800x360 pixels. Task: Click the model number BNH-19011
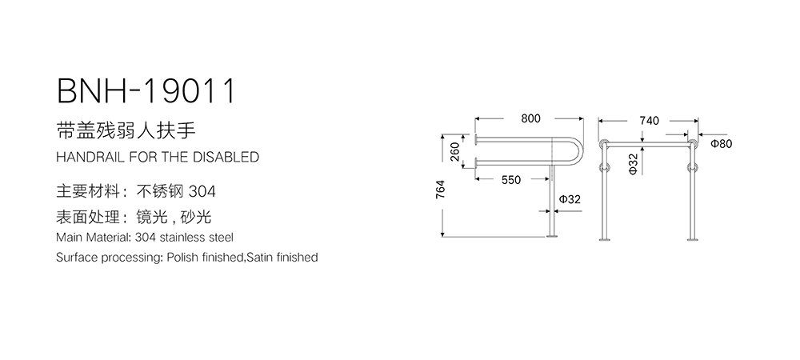point(146,91)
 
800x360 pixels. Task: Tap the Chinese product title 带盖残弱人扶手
point(126,130)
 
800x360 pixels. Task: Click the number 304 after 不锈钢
point(202,191)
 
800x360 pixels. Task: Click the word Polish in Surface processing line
point(181,258)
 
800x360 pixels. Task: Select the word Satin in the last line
point(259,258)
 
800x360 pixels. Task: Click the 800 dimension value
point(530,118)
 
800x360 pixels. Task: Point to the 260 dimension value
point(456,151)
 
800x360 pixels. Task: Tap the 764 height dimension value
point(441,189)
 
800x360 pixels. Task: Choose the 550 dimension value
point(511,180)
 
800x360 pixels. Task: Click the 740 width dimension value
point(649,121)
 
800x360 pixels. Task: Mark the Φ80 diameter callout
point(721,144)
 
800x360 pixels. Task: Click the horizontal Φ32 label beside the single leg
point(570,199)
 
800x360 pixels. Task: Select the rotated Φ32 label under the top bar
point(633,164)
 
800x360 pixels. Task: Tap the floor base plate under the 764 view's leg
point(551,236)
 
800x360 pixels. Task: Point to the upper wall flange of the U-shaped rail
point(475,139)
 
